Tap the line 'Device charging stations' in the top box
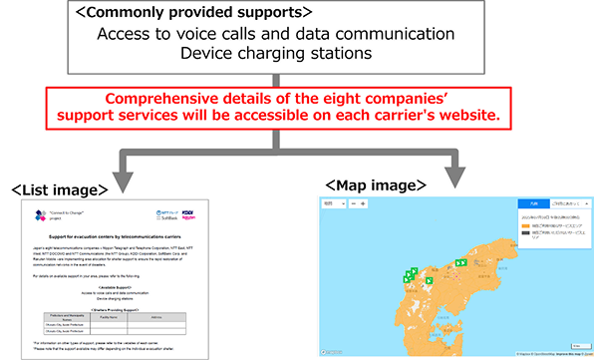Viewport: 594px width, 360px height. pos(275,54)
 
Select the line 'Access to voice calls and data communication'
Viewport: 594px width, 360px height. pos(276,34)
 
